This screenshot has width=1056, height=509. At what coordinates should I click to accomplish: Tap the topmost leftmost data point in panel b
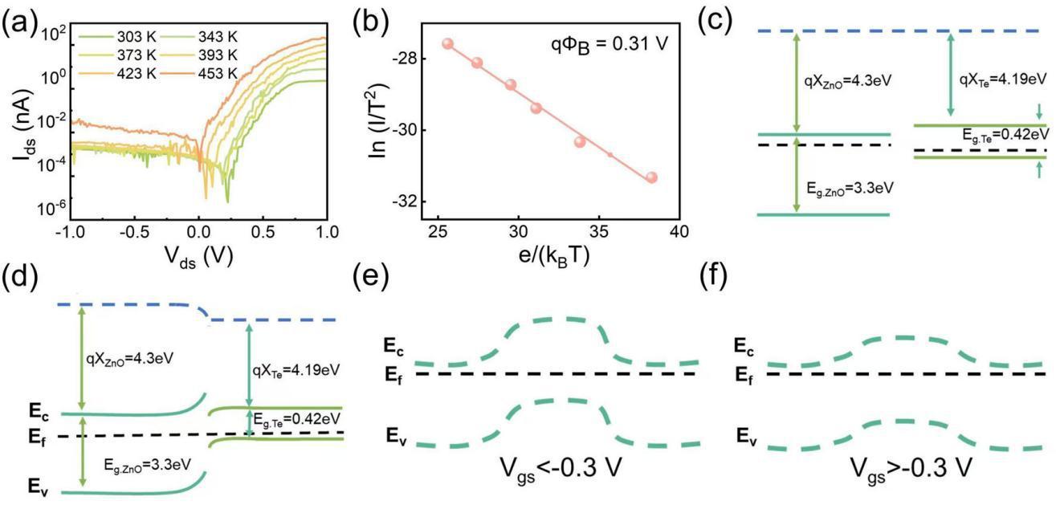(448, 44)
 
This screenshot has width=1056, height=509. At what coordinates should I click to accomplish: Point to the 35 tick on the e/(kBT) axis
(598, 230)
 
